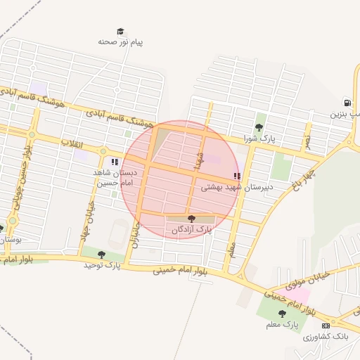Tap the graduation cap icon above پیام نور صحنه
(x=121, y=32)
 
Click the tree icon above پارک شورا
(x=259, y=127)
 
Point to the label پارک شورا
(x=259, y=139)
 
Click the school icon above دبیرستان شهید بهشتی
(x=237, y=176)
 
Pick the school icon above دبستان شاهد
(x=115, y=162)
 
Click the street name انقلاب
(x=72, y=143)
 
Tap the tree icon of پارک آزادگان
(x=191, y=219)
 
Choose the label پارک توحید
(x=102, y=265)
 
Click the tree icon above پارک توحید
(x=102, y=255)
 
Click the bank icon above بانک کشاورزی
(x=326, y=326)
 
